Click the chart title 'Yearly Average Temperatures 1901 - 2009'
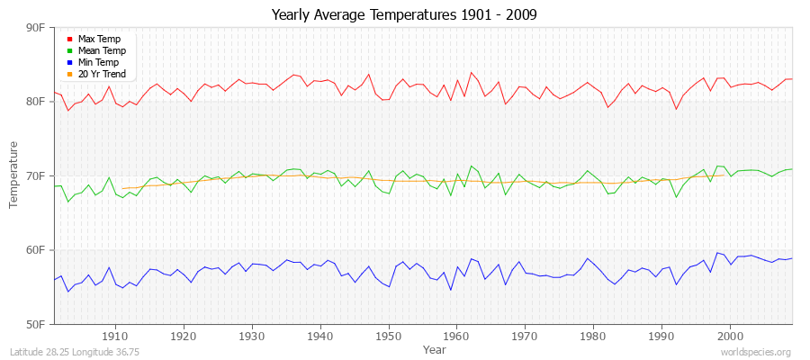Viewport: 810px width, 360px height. coord(404,15)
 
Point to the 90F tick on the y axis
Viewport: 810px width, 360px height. coord(35,28)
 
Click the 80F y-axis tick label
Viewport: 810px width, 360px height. coord(35,102)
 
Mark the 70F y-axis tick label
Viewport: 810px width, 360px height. coord(35,175)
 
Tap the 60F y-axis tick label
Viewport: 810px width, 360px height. coord(35,249)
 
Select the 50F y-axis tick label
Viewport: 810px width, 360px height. coord(35,323)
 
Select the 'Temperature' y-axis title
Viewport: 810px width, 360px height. coord(14,175)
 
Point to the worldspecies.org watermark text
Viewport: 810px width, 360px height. coord(756,353)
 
